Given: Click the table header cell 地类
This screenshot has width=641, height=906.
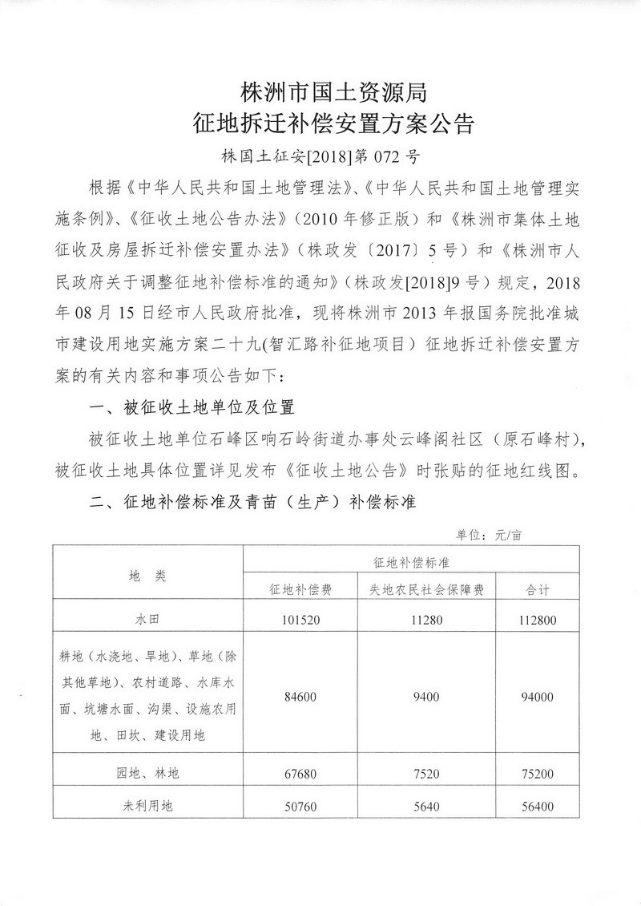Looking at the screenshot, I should [x=147, y=575].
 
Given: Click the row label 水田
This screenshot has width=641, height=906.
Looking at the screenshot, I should [x=147, y=619].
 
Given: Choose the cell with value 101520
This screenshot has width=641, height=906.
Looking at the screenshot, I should [x=302, y=619].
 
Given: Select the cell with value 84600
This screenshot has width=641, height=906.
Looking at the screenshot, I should [x=302, y=697].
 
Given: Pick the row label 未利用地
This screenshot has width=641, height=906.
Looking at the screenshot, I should [x=147, y=806].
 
